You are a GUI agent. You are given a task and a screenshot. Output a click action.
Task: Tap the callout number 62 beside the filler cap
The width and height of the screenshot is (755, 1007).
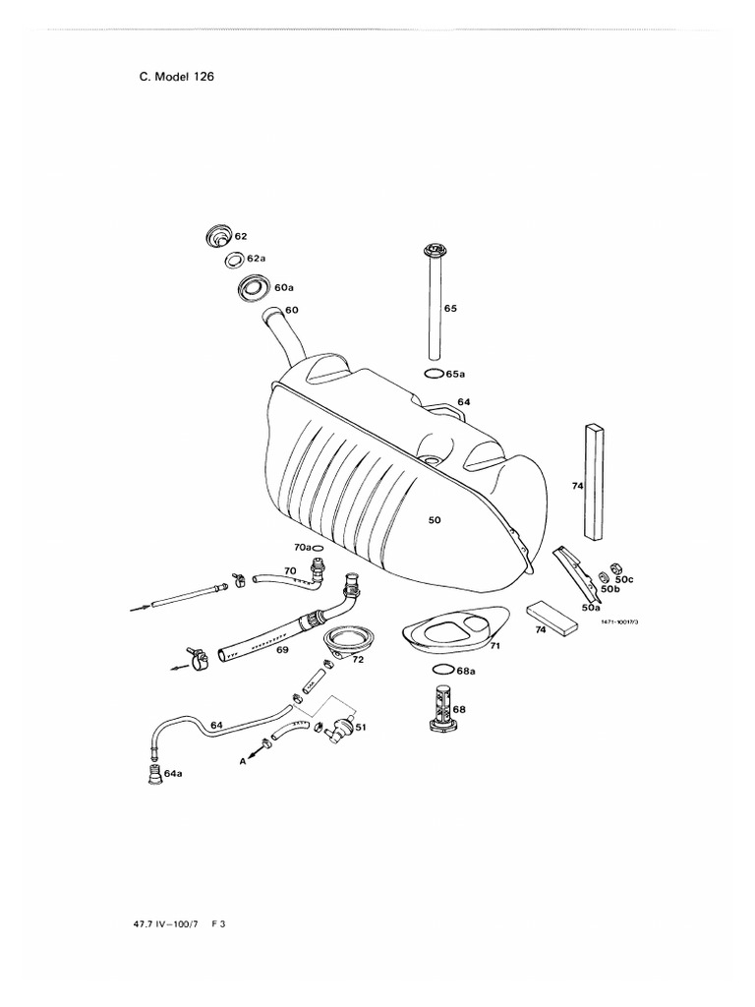[x=241, y=237]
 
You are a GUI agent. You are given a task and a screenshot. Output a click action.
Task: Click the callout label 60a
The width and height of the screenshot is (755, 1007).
[x=284, y=288]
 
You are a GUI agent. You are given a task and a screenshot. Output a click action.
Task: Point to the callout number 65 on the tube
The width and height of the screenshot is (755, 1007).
[x=450, y=308]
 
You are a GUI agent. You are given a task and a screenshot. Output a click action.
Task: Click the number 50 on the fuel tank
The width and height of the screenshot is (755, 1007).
[x=435, y=520]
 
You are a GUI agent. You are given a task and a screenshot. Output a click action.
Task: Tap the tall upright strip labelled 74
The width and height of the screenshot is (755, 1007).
[x=594, y=482]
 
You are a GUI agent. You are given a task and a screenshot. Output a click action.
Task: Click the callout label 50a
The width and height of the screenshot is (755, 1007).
[x=591, y=609]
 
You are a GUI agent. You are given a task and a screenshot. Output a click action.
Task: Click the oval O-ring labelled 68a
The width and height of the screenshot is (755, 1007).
[x=443, y=669]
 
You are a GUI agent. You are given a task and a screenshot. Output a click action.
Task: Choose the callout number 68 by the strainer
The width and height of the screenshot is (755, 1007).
[x=459, y=709]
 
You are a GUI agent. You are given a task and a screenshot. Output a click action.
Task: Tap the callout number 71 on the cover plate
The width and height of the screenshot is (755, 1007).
[x=495, y=646]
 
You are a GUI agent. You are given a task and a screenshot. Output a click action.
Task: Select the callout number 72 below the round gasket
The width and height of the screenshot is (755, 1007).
[x=358, y=660]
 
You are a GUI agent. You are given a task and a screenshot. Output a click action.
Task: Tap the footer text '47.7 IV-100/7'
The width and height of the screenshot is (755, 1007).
[x=171, y=925]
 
